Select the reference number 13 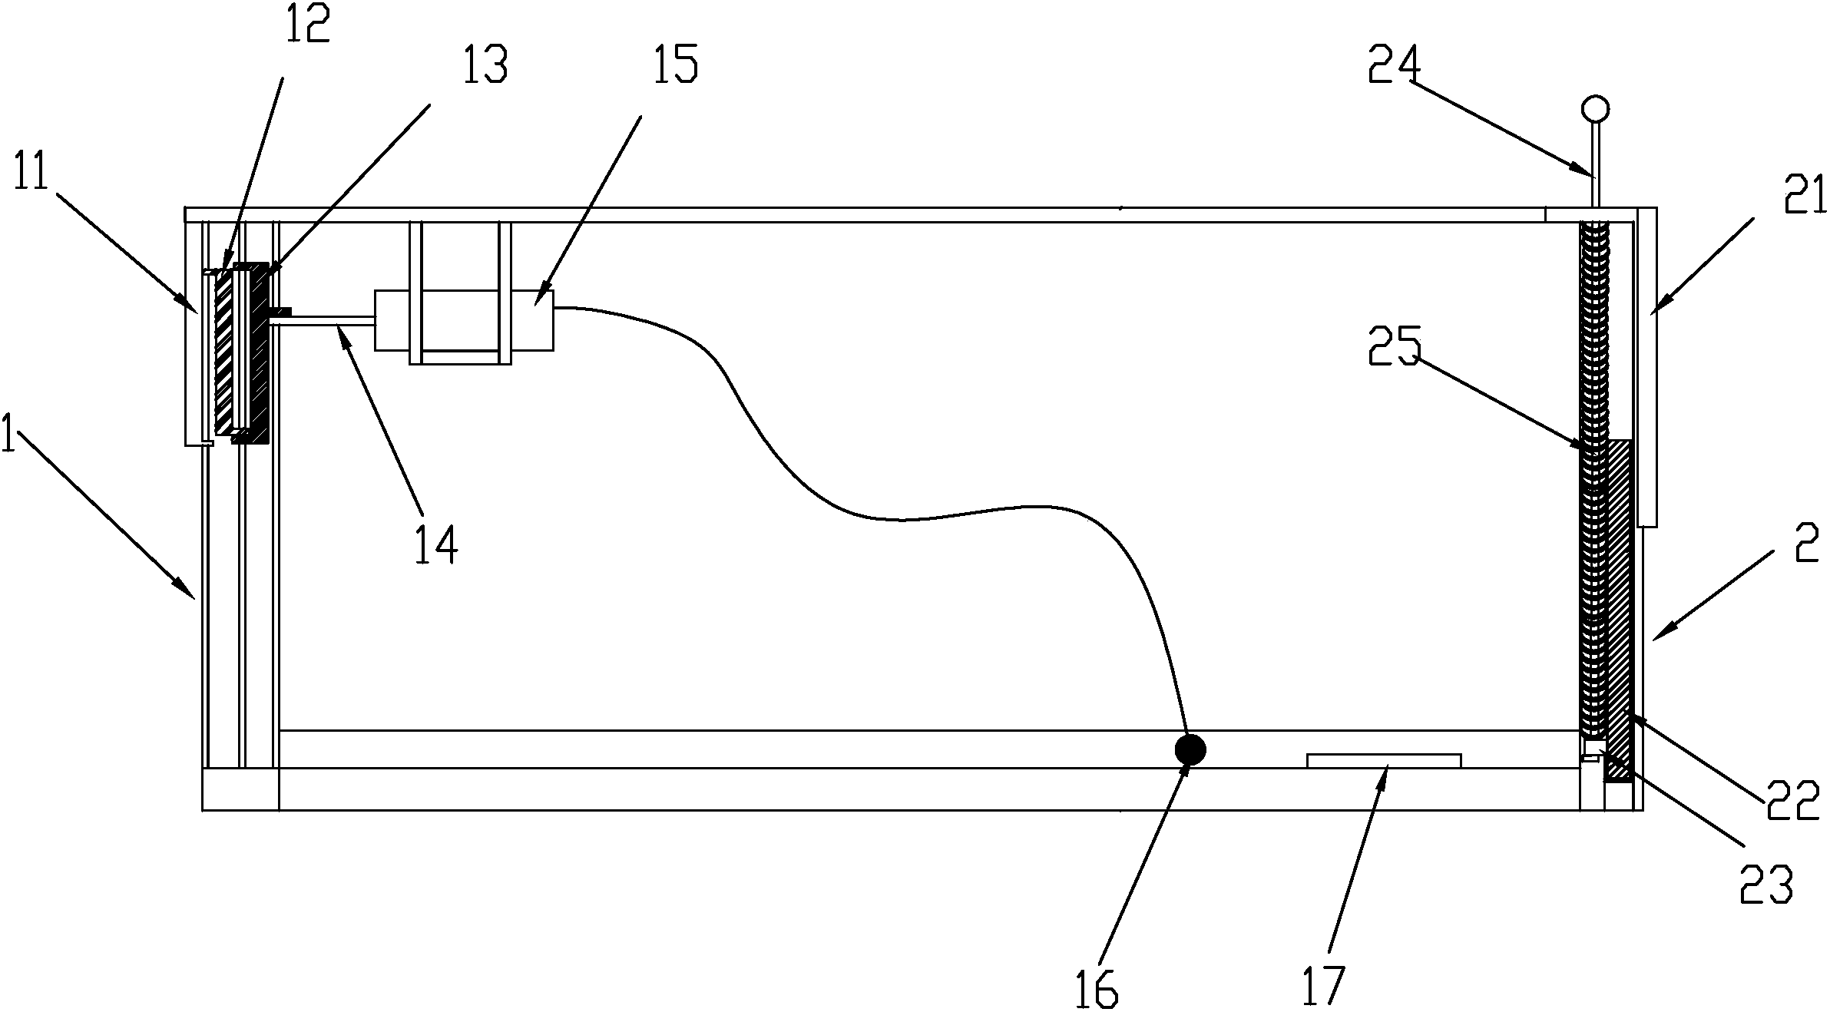tap(485, 65)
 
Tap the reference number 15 tap(675, 64)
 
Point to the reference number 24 tap(1395, 64)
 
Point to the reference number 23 tap(1766, 885)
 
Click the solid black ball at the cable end tap(1190, 749)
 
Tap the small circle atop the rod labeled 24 tap(1596, 108)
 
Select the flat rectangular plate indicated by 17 tap(1384, 760)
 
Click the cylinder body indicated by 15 tap(464, 321)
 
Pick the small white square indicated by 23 tap(1593, 747)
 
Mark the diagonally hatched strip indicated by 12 tap(224, 352)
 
